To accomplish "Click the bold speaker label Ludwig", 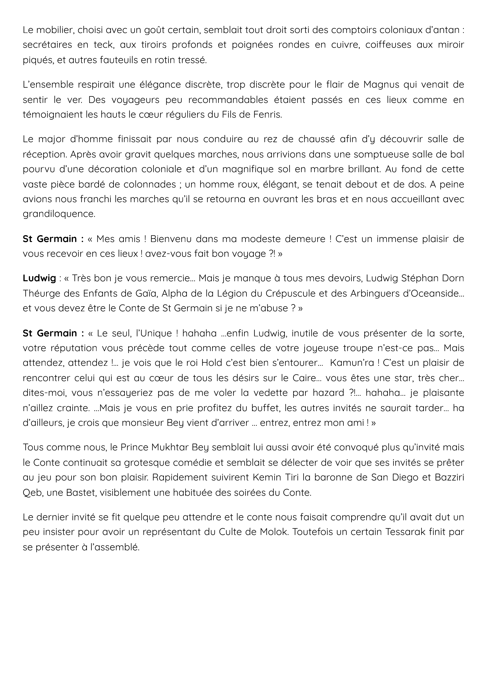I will [x=39, y=278].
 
